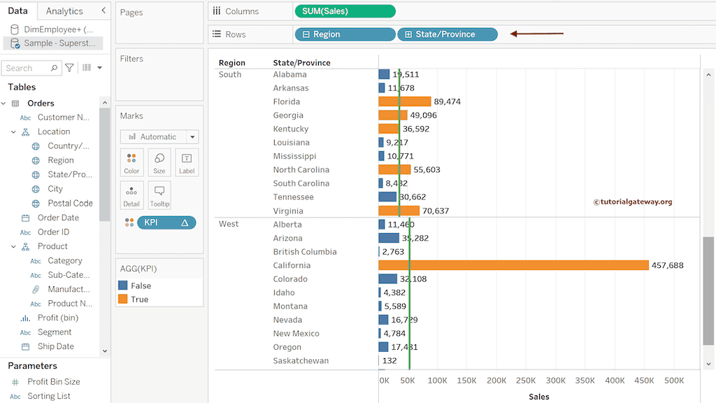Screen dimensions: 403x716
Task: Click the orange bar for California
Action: tap(513, 265)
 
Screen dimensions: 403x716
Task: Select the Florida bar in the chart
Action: tap(405, 101)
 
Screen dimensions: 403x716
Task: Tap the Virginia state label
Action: tap(288, 211)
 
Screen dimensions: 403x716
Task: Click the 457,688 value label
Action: tap(667, 265)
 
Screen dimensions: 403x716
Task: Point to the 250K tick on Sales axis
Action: tap(526, 381)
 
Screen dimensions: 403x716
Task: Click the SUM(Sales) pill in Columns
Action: tap(345, 11)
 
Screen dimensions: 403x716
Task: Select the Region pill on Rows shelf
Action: tap(345, 34)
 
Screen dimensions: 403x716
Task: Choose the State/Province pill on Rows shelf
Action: tap(447, 34)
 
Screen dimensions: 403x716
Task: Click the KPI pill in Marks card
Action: tap(166, 222)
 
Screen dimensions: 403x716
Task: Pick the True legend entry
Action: tap(139, 299)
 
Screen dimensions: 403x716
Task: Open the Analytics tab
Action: tap(64, 11)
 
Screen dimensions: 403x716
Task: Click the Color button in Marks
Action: tap(131, 162)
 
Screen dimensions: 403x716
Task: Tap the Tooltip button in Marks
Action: tap(159, 195)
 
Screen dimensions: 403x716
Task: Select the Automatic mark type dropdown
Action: tap(159, 137)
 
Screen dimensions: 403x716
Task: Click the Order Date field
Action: tap(58, 218)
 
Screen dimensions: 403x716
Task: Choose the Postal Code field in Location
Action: tap(70, 203)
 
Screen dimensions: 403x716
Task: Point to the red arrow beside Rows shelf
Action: tap(536, 33)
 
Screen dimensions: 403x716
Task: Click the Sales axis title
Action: tap(538, 397)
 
